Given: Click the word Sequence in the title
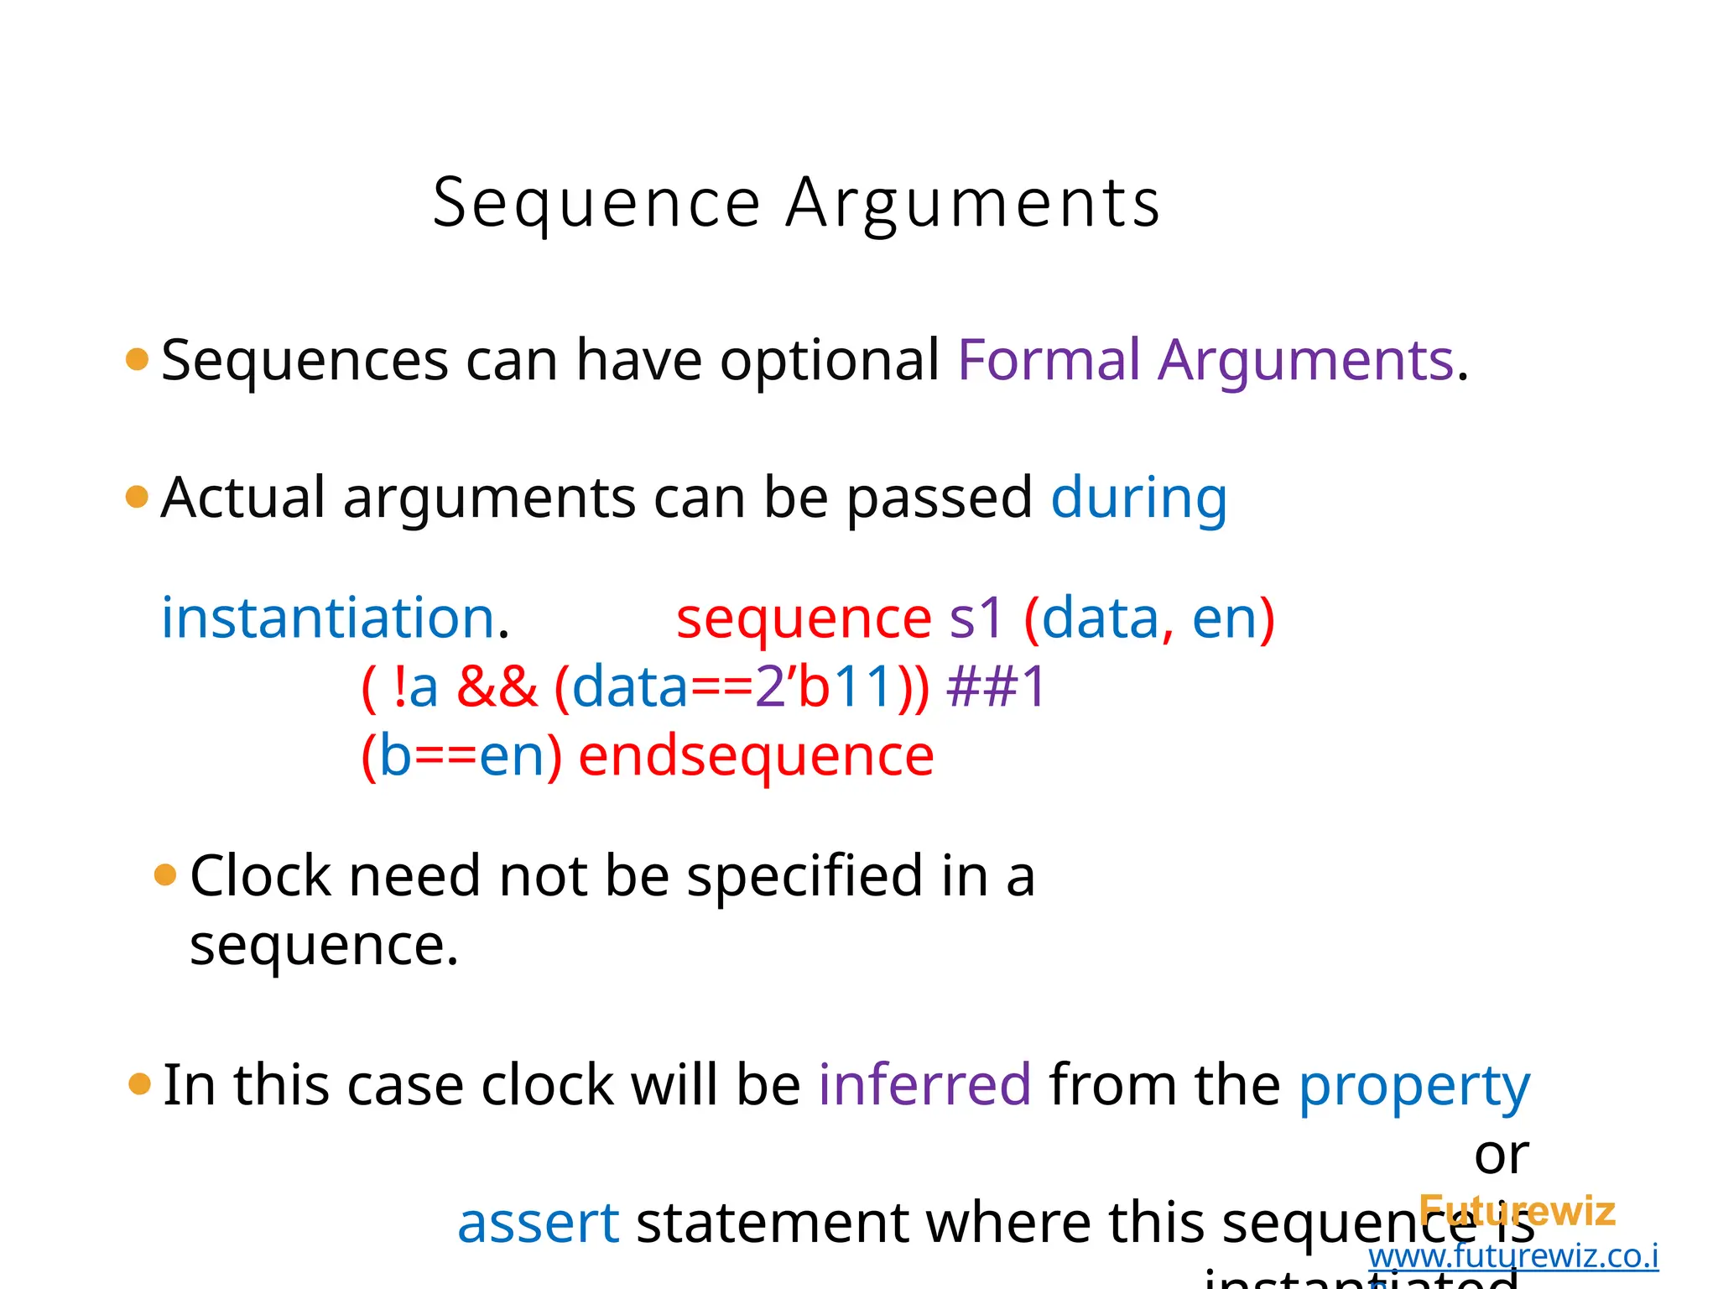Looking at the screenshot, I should point(596,204).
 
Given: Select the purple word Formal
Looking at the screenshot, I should point(1049,360).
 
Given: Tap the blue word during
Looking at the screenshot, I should point(1138,498).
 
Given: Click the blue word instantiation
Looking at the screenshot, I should point(327,618).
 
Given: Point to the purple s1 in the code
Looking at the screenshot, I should point(976,618).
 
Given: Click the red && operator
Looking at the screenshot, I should point(497,686).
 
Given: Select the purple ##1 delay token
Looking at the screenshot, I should point(996,686).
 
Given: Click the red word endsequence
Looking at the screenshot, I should point(756,755).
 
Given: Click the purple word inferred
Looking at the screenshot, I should point(924,1084).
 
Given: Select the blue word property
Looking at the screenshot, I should point(1414,1086).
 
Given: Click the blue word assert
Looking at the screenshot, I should point(538,1223).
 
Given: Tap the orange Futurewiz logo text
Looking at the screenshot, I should point(1517,1211).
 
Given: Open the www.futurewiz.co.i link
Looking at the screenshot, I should point(1513,1256).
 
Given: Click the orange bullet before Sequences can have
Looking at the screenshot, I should point(137,360).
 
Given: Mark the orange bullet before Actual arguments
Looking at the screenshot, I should point(137,497).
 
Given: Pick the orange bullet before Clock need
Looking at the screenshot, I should point(166,875).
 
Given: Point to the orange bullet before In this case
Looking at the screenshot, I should point(139,1084).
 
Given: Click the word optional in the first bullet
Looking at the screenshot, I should point(830,360).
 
